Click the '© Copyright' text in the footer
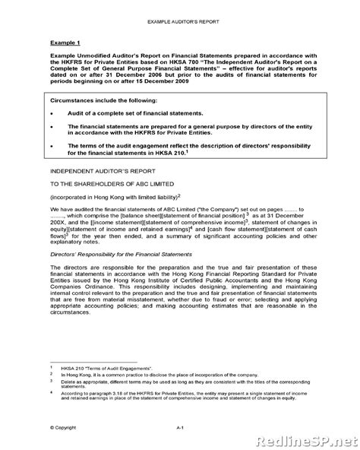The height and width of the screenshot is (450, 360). [x=64, y=429]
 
